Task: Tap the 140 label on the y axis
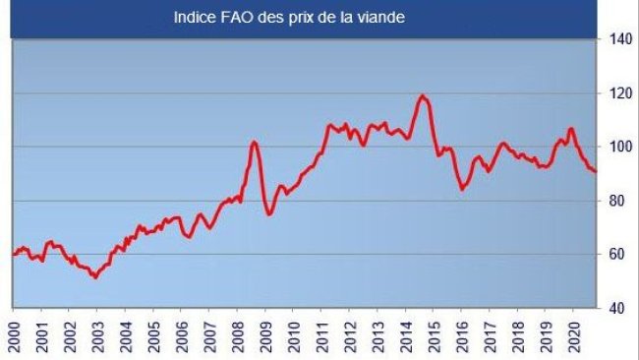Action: click(616, 40)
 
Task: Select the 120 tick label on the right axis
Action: click(616, 94)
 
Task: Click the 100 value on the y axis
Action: click(616, 148)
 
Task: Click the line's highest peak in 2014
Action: click(423, 95)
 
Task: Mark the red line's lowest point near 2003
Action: click(94, 277)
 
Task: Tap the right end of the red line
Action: click(596, 171)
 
